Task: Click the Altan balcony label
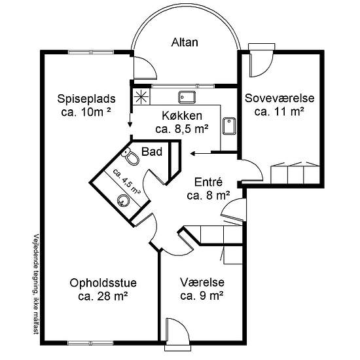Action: point(185,43)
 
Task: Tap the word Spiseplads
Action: point(86,99)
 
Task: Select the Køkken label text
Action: point(182,116)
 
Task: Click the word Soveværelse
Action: point(279,98)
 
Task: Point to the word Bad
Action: point(152,152)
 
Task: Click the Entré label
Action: point(208,182)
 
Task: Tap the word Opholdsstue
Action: point(103,283)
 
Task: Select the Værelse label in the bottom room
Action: point(202,282)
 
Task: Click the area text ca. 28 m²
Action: point(103,297)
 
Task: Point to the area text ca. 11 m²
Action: point(279,112)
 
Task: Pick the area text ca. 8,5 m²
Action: point(182,129)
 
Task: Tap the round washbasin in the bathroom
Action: point(124,201)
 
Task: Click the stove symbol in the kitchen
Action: point(141,97)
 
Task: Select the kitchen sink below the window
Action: point(187,97)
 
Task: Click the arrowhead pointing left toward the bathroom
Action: point(192,153)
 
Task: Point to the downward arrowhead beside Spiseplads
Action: point(130,124)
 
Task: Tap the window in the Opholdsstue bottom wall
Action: point(91,343)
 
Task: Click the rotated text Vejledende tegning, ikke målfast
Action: point(36,284)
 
